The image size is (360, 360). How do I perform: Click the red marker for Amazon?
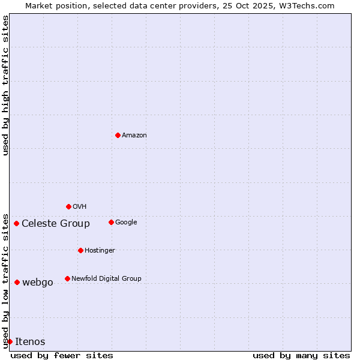click(x=118, y=135)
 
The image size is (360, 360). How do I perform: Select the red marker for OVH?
click(x=68, y=206)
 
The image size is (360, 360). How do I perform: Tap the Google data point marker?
click(x=111, y=222)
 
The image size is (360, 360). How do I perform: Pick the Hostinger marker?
click(x=80, y=250)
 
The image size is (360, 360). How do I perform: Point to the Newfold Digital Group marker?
click(x=67, y=278)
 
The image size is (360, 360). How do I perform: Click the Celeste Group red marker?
click(x=16, y=224)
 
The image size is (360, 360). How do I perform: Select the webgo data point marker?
click(x=17, y=282)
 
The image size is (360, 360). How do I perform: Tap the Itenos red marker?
click(x=10, y=341)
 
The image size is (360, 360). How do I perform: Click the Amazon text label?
click(x=134, y=136)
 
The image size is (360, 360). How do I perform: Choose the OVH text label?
click(x=80, y=207)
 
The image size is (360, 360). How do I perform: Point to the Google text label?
click(x=126, y=223)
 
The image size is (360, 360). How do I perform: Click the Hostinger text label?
click(x=100, y=251)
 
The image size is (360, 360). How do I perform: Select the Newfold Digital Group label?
click(x=106, y=278)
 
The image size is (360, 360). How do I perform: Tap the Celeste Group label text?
click(x=56, y=224)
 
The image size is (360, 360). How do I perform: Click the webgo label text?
click(x=38, y=283)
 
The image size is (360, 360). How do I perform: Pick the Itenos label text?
click(x=30, y=342)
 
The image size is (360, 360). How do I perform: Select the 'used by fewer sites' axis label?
click(x=62, y=355)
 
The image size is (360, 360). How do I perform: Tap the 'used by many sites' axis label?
click(x=301, y=355)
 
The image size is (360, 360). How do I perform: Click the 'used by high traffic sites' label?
click(x=6, y=85)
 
